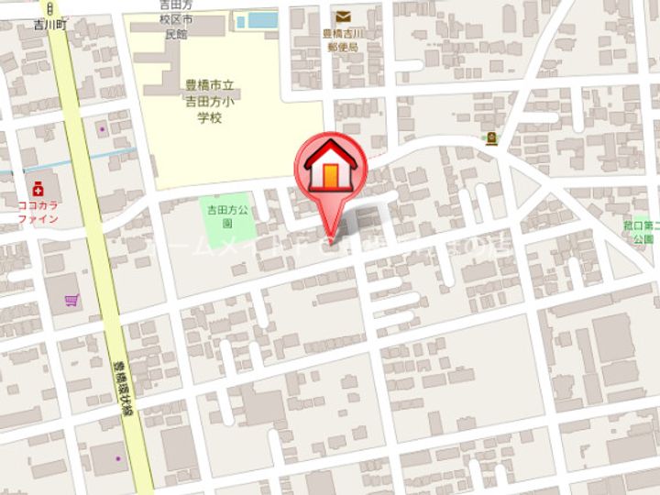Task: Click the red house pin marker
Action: pyautogui.click(x=330, y=170)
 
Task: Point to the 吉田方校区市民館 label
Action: pyautogui.click(x=173, y=19)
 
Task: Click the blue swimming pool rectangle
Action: pyautogui.click(x=258, y=19)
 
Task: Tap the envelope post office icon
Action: pyautogui.click(x=344, y=16)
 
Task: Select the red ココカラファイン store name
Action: pyautogui.click(x=38, y=212)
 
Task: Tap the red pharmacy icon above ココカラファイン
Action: pyautogui.click(x=38, y=188)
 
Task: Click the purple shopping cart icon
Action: pyautogui.click(x=71, y=300)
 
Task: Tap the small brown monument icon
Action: pyautogui.click(x=492, y=139)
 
